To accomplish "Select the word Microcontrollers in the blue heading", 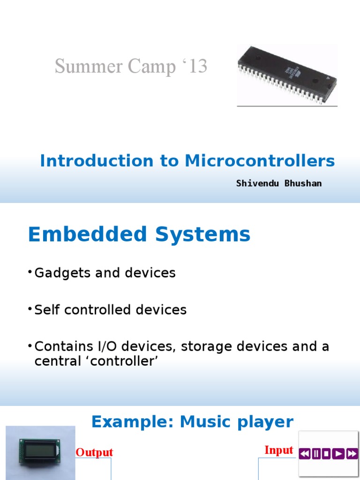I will tap(260, 161).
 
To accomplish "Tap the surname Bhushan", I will tap(303, 183).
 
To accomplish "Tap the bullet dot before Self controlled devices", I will tap(30, 308).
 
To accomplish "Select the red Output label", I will tap(94, 452).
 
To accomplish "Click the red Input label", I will tap(278, 450).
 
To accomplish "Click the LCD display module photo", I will tap(40, 452).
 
